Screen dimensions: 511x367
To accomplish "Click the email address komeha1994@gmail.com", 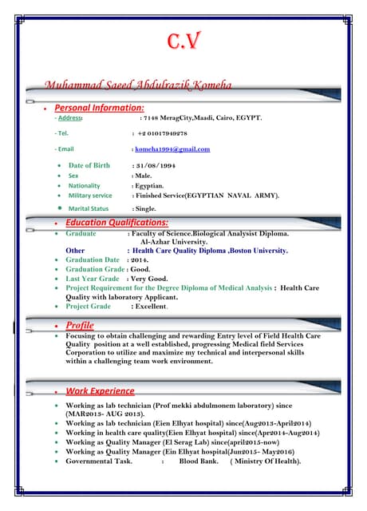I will click(172, 149).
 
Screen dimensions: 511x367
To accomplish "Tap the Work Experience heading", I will click(100, 391).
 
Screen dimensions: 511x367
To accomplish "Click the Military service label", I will click(90, 195).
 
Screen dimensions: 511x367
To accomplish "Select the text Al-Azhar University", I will click(174, 241).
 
